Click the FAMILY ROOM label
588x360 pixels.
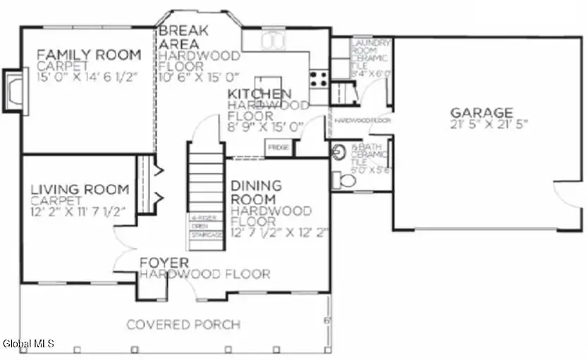tap(89, 54)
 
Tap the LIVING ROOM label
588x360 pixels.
tap(80, 189)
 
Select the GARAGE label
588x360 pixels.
tap(482, 112)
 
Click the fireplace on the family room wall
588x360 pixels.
tap(13, 90)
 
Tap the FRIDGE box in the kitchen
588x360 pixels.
tap(275, 147)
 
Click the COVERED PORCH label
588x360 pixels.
tap(183, 325)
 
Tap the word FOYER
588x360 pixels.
tap(163, 263)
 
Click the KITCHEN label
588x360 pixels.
tap(259, 94)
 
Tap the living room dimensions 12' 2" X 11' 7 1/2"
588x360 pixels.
tap(78, 211)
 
